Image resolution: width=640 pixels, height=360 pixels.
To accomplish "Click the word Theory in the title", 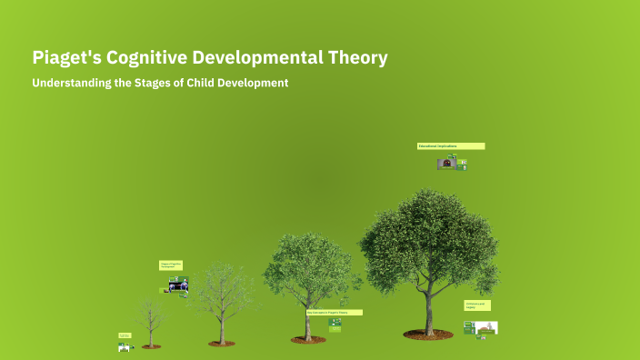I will pos(360,58).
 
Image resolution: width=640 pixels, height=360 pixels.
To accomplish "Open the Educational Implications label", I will pos(451,145).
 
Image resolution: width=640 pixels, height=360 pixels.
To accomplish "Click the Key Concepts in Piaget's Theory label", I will pos(334,312).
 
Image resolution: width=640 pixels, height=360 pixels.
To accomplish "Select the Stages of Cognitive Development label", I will pos(171,265).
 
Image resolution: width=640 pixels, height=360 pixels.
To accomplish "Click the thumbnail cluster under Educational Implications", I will pos(452,164).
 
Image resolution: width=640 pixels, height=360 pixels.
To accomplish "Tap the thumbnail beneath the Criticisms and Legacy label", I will pos(482,327).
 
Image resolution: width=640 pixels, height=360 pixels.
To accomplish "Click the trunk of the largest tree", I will pos(428,309).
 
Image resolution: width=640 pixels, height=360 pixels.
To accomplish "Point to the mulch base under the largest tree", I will pos(428,335).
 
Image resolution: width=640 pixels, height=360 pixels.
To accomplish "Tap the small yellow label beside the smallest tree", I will pos(125,335).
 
